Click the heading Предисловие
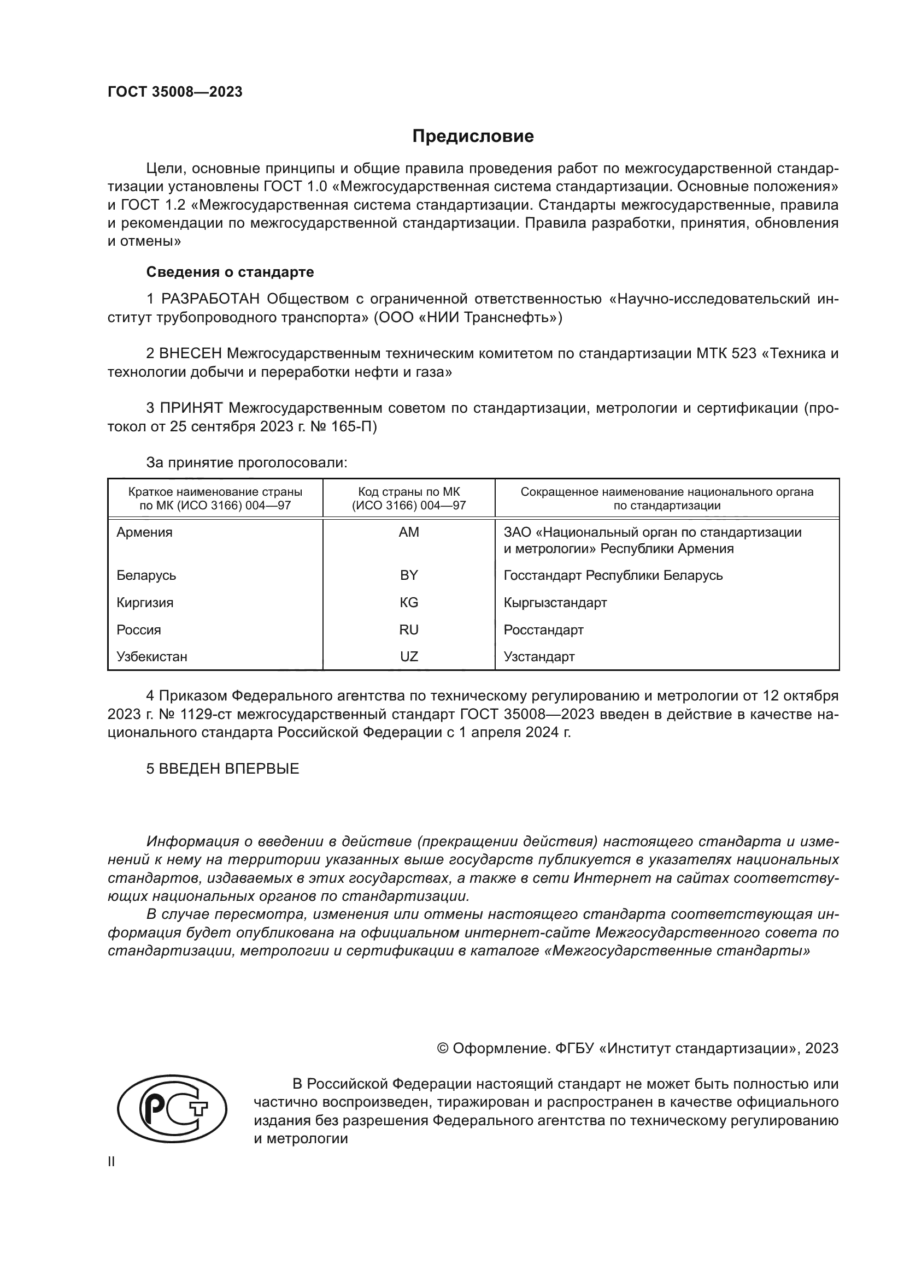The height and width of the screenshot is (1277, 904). click(473, 136)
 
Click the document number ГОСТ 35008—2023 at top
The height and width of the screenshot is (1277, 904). click(175, 92)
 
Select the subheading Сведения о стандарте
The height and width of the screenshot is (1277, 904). click(230, 272)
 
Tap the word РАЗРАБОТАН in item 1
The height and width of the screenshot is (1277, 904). click(210, 299)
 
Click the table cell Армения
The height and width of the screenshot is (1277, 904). click(144, 532)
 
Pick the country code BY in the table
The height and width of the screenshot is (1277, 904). click(409, 575)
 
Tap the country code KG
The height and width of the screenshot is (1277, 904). click(409, 602)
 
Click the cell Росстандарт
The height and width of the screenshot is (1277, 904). click(543, 629)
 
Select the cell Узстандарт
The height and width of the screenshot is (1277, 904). click(539, 656)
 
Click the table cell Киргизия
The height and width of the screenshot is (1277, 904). click(145, 602)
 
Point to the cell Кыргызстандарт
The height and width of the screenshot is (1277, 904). click(555, 602)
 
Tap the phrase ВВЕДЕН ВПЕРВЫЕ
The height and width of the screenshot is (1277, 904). click(229, 769)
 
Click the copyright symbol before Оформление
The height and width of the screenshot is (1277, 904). click(443, 1048)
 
